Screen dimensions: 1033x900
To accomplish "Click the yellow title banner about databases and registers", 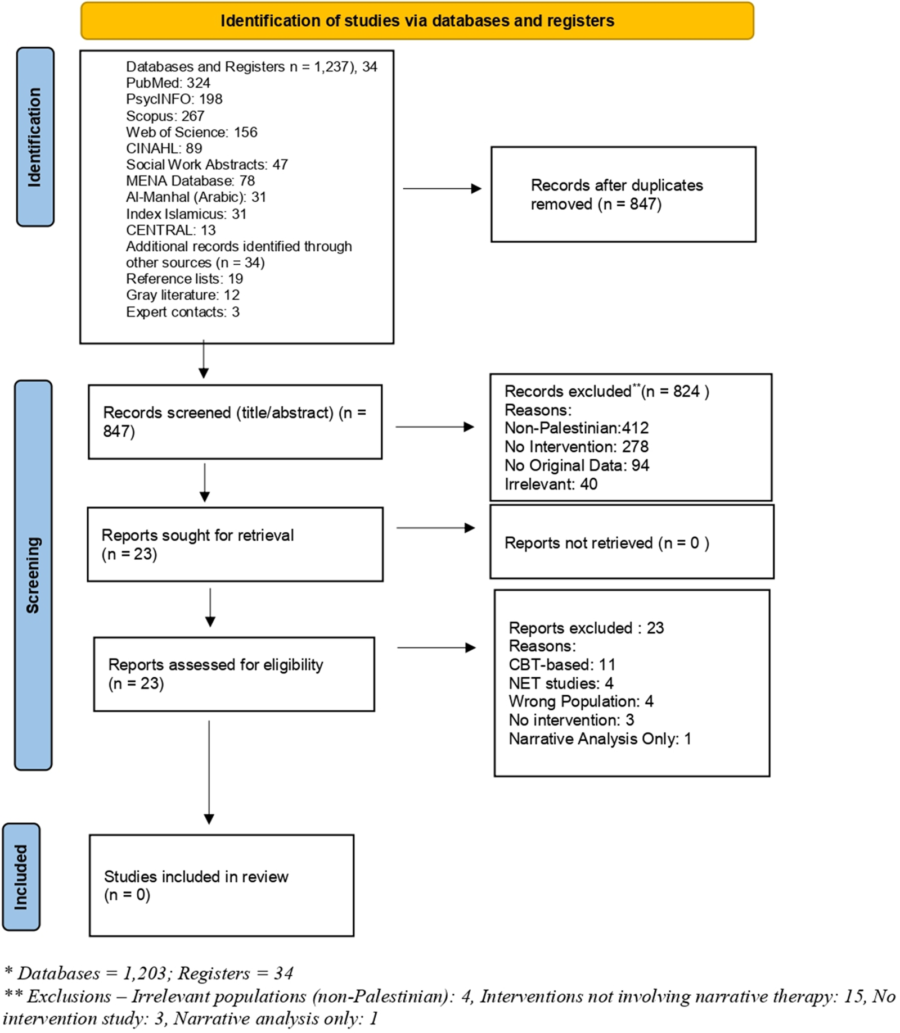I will coord(417,21).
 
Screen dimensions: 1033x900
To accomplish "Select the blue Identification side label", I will coord(35,137).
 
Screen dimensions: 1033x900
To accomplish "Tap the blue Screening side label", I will coord(33,575).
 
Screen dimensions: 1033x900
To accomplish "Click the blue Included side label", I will coord(21,877).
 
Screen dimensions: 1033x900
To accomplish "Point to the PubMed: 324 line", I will coord(168,83).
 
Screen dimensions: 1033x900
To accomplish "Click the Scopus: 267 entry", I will coord(165,116).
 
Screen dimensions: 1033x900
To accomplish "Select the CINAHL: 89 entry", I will coord(164,148).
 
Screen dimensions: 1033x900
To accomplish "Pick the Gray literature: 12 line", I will coord(182,295).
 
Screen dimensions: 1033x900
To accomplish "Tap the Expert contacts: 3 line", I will coord(182,312).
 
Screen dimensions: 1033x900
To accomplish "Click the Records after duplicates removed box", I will coord(623,194).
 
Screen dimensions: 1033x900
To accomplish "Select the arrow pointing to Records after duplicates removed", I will coord(442,189).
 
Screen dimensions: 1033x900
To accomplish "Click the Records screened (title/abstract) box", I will coord(235,422).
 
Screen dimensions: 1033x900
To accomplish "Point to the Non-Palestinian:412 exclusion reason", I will coord(576,428).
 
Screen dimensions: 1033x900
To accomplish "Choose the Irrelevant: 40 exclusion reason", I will coord(550,484).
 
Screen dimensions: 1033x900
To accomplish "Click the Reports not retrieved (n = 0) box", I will coord(631,542).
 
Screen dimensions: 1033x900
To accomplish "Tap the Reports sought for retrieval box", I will coord(235,544).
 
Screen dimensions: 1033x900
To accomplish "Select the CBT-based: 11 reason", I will coord(561,665).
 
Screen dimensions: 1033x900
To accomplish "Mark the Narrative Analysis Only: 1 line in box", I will coord(599,739).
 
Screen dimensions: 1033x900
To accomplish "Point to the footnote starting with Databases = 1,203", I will coord(149,973).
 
